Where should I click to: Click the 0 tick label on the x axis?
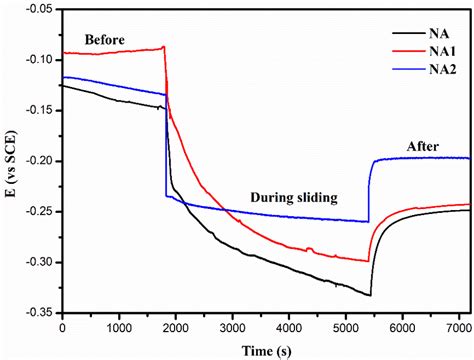(62, 326)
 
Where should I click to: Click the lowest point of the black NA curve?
(370, 295)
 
